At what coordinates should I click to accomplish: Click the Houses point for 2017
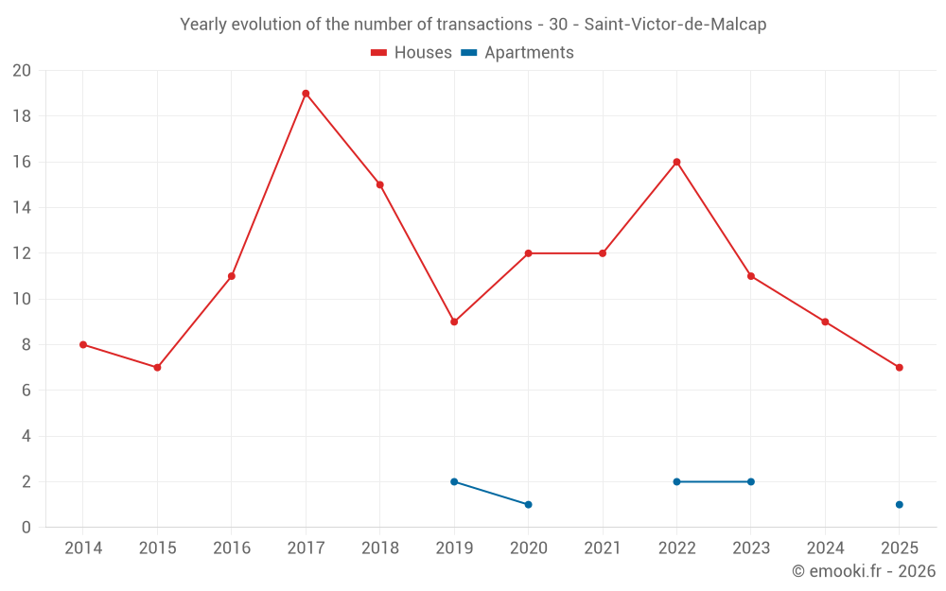click(306, 94)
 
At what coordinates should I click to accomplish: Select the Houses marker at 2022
click(676, 162)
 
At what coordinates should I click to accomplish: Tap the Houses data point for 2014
click(83, 345)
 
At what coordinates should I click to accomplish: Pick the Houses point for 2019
click(454, 322)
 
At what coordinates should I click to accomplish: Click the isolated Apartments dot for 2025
click(899, 505)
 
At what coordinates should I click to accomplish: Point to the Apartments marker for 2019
click(454, 481)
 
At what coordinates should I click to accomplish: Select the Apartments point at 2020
click(528, 505)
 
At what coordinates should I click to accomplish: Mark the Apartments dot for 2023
click(751, 481)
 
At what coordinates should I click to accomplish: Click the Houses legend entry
click(412, 53)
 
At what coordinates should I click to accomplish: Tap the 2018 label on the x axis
click(379, 548)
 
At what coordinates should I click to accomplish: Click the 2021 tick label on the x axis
click(603, 548)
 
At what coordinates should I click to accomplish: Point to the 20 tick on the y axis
click(22, 71)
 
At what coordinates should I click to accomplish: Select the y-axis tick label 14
click(22, 208)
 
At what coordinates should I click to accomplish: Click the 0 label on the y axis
click(26, 528)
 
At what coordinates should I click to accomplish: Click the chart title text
click(473, 25)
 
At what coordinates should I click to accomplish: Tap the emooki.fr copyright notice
click(863, 571)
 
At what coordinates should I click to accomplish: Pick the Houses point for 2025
click(899, 368)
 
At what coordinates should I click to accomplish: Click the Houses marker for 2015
click(157, 368)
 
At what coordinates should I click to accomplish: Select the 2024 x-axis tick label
click(825, 548)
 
